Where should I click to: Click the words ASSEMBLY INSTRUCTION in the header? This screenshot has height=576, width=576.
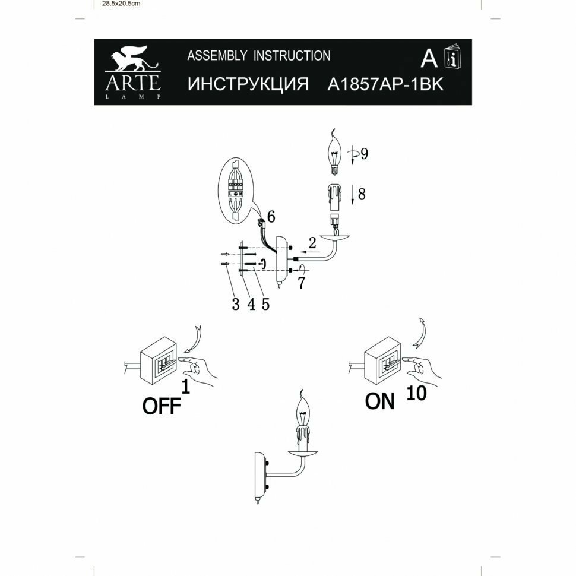(259, 56)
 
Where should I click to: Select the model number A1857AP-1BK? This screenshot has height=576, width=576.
(385, 84)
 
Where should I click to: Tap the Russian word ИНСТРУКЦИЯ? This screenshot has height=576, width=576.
(248, 84)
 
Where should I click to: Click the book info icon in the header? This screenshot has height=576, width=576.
(454, 57)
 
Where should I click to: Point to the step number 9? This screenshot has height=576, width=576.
(363, 153)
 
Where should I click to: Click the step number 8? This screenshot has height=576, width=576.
(362, 193)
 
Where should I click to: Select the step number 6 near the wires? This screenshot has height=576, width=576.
(271, 217)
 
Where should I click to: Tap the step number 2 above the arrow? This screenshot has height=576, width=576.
(312, 242)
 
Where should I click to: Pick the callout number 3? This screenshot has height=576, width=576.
(236, 305)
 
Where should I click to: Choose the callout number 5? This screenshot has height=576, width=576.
(265, 305)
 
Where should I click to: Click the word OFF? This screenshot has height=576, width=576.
(162, 406)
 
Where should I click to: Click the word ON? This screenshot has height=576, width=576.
(380, 402)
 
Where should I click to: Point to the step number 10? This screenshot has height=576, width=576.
(417, 393)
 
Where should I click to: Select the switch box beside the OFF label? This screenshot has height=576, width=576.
(159, 363)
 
